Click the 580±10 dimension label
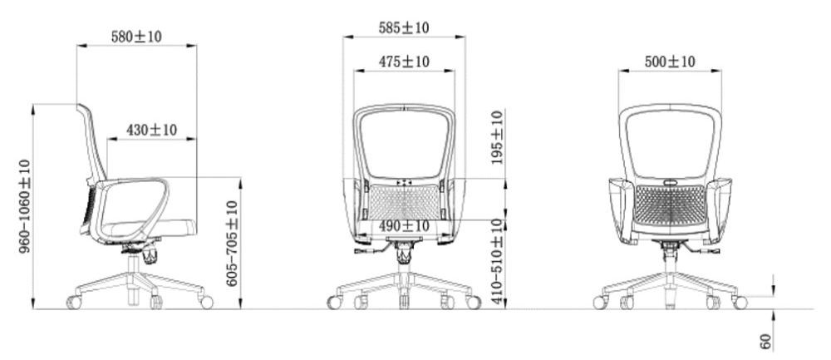(x=136, y=37)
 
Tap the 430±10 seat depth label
(x=151, y=130)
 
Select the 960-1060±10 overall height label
(x=25, y=206)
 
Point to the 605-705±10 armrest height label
(x=232, y=244)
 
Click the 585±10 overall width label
(x=403, y=27)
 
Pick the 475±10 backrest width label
(x=404, y=62)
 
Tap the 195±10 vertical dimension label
(x=497, y=137)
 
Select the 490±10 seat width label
(x=404, y=226)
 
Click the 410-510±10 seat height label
(x=497, y=261)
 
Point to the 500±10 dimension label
(x=669, y=62)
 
